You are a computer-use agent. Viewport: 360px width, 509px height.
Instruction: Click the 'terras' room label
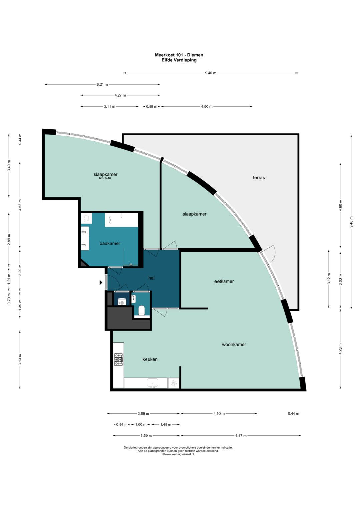point(259,177)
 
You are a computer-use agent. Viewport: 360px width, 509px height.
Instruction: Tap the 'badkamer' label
point(110,243)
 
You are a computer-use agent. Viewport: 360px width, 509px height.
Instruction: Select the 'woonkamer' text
point(234,344)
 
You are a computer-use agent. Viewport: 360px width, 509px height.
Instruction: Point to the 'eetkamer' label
point(224,281)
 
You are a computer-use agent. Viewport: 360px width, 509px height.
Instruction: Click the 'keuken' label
point(150,359)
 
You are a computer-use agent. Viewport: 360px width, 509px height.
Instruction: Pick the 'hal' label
point(151,278)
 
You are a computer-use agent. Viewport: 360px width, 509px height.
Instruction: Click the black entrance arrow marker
point(101,282)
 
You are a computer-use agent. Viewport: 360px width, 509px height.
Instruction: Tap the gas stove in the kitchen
point(118,359)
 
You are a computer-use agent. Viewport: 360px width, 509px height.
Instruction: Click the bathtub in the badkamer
point(121,220)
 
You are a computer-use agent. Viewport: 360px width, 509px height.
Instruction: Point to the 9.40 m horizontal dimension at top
point(211,73)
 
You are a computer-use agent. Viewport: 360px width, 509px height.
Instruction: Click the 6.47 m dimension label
point(241,436)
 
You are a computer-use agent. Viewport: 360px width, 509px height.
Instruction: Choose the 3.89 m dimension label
point(143,414)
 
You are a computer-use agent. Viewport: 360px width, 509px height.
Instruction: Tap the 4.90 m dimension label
point(207,106)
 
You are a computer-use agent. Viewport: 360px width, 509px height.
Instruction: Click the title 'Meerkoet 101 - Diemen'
point(179,55)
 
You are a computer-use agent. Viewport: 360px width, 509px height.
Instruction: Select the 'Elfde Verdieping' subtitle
point(179,60)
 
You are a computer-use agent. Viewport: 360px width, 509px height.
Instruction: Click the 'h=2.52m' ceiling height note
point(105,178)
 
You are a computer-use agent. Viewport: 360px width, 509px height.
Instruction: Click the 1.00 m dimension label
point(141,424)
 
